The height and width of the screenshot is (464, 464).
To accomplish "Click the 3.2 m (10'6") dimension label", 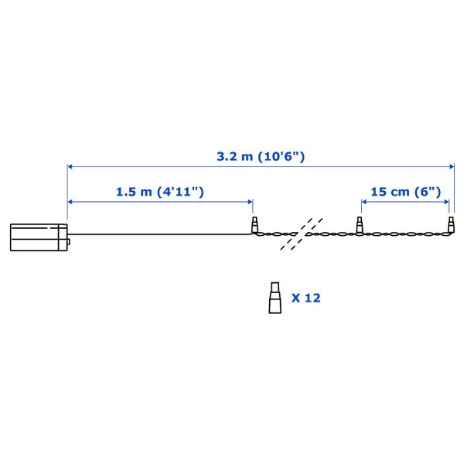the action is point(261,156).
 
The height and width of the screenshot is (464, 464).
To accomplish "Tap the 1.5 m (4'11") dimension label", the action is point(160,192).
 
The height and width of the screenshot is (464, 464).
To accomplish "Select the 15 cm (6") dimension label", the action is point(406,192).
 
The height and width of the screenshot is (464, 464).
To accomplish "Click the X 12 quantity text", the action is point(306,298).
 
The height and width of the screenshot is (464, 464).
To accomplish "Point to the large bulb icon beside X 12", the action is point(275,298).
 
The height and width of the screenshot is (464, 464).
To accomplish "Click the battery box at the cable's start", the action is point(39,237).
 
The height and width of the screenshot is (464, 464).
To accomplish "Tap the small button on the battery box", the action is point(69,242).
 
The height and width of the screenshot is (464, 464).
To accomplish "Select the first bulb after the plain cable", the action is point(254,224).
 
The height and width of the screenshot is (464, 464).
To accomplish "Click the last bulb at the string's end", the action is point(451,224).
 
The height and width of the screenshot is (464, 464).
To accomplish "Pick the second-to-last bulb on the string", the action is point(360,224).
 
